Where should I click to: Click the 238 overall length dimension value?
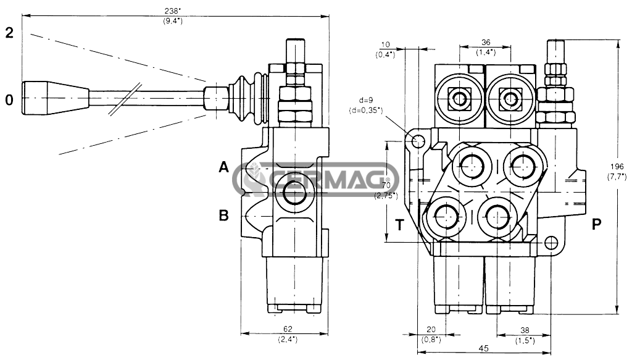[173, 11]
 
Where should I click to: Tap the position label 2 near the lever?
[9, 33]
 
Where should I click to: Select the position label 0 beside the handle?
[9, 99]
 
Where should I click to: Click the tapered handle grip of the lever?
[56, 98]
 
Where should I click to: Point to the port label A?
[223, 167]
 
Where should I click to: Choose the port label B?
[223, 216]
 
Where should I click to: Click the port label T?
[399, 225]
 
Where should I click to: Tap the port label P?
[597, 224]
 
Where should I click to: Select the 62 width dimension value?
[288, 329]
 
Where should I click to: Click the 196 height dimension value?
[617, 167]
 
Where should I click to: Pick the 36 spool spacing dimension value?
[486, 43]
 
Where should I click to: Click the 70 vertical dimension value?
[386, 185]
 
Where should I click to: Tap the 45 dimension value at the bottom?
[484, 349]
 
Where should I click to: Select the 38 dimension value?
[525, 330]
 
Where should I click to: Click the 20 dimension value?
[431, 330]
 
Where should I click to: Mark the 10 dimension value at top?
[385, 44]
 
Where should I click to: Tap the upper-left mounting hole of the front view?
[418, 141]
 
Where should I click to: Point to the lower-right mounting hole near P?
[551, 242]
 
